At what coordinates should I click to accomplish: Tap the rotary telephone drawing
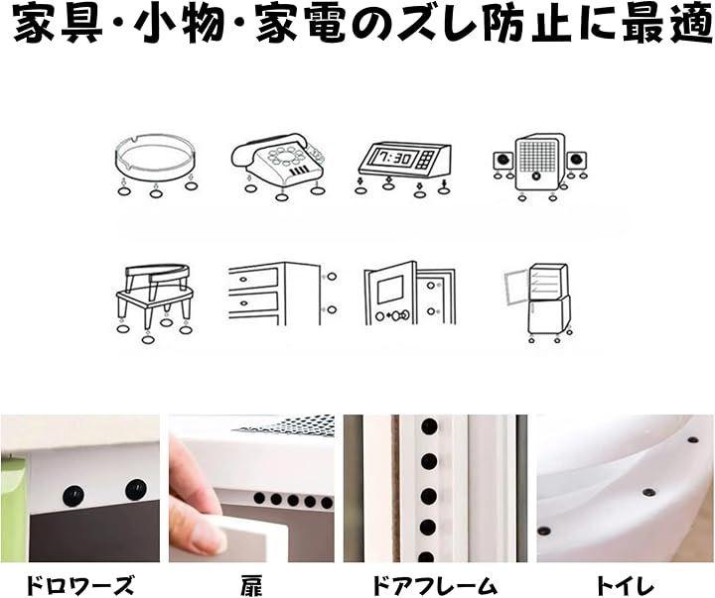(x=278, y=160)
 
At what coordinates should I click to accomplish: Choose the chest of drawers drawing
(x=274, y=294)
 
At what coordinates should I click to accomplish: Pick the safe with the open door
(x=409, y=294)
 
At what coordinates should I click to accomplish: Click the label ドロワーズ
(x=79, y=584)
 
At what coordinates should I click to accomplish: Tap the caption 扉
(x=251, y=584)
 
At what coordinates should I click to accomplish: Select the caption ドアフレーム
(x=434, y=584)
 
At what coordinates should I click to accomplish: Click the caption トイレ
(x=625, y=584)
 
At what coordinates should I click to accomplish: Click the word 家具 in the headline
(x=58, y=25)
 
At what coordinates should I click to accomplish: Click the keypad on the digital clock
(x=425, y=160)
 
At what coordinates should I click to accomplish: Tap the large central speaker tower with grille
(x=538, y=163)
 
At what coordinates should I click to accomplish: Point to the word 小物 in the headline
(x=179, y=25)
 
